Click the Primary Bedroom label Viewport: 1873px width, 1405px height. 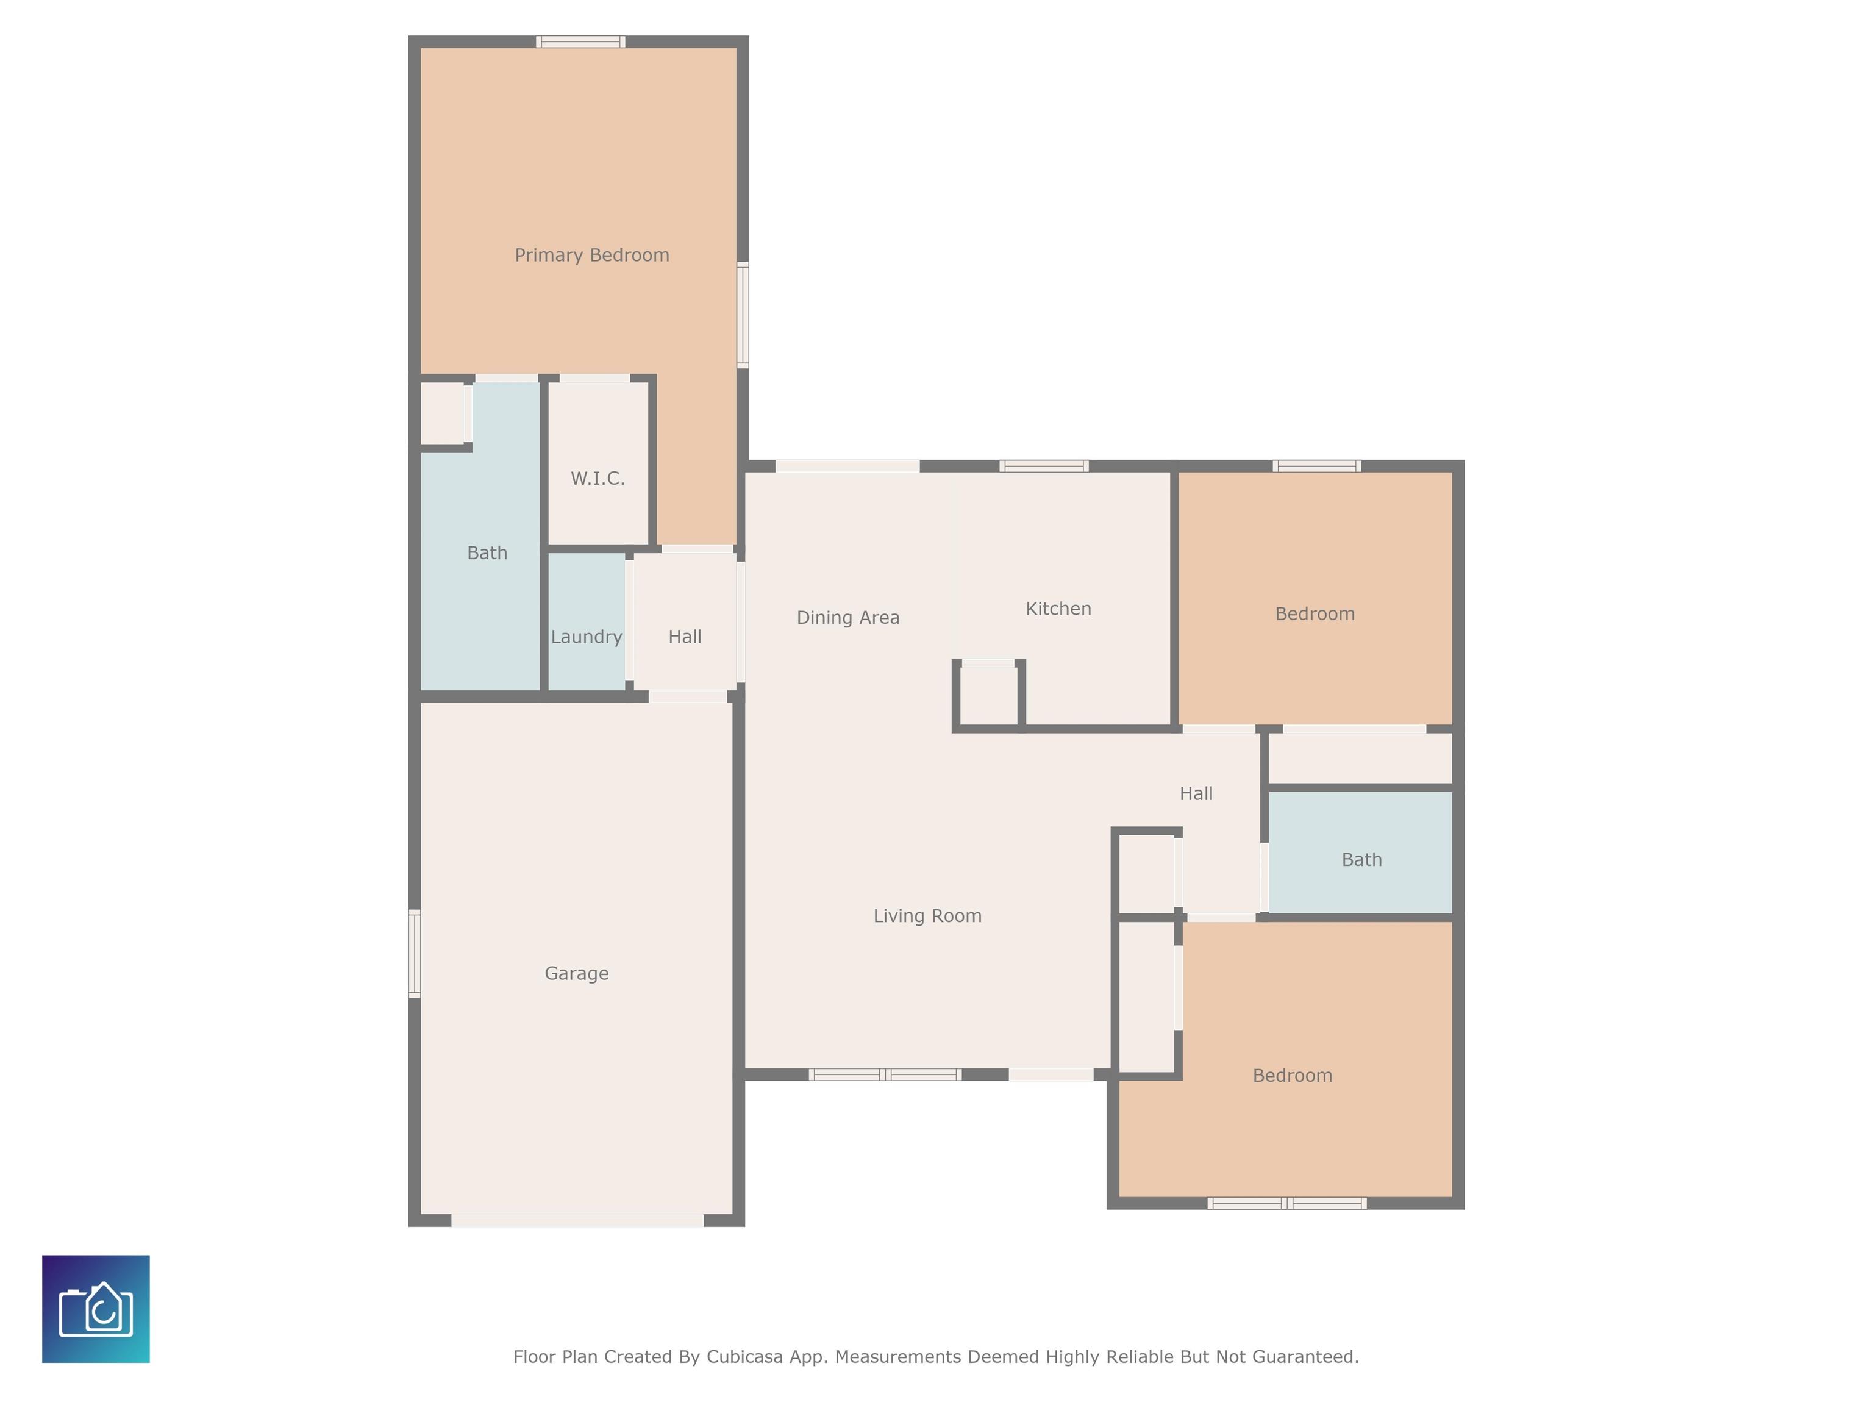[x=592, y=255]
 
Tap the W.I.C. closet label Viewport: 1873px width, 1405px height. [x=598, y=479]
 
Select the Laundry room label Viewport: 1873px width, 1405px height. [x=586, y=637]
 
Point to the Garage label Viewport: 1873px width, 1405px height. [x=577, y=973]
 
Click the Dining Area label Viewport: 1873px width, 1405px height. [x=847, y=617]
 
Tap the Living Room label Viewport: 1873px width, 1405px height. [x=927, y=915]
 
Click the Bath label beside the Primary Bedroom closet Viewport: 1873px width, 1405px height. [x=487, y=553]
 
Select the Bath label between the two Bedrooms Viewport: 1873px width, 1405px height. [x=1361, y=860]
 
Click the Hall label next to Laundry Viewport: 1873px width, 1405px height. [x=685, y=637]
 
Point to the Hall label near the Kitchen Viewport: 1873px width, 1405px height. [x=1196, y=793]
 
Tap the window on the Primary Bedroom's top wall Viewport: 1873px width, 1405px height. [x=581, y=41]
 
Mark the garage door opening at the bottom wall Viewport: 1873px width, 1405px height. [x=577, y=1220]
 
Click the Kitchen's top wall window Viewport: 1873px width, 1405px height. [x=1044, y=466]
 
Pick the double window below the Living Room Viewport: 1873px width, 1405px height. [x=885, y=1074]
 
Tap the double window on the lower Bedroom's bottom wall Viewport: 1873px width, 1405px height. [x=1287, y=1203]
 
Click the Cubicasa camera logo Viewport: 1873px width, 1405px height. [x=96, y=1309]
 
